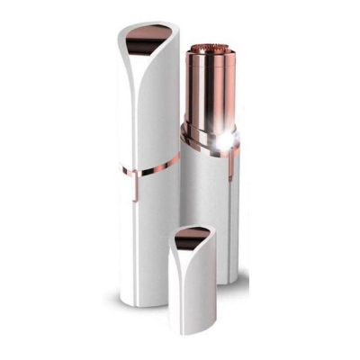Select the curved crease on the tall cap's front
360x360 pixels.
pos(166,90)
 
